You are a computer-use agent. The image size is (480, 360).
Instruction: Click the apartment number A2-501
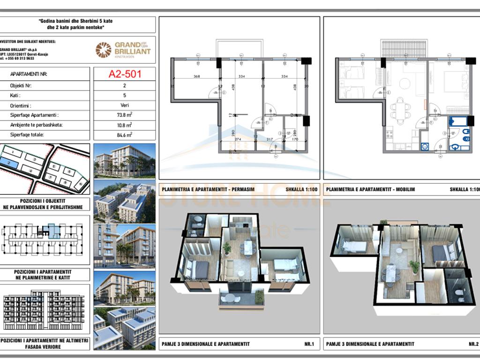tap(125, 74)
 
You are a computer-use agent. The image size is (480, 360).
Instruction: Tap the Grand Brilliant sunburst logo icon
tap(103, 50)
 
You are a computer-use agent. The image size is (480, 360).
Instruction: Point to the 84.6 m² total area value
tap(124, 135)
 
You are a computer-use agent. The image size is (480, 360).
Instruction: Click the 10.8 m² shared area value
tap(124, 125)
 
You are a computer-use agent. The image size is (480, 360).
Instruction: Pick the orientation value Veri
tap(124, 105)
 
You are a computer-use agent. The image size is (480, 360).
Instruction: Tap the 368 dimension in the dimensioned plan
tap(196, 76)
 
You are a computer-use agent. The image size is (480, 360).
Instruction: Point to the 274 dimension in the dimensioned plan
tap(237, 139)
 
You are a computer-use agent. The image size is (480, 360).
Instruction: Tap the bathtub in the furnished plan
tap(458, 122)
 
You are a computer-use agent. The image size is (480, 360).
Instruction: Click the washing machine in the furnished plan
tap(425, 146)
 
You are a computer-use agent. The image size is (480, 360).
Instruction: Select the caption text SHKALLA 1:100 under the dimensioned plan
tap(300, 190)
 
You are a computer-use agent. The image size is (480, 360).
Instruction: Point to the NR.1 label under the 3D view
tap(309, 344)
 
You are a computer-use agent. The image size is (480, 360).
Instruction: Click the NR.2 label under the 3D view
tap(472, 344)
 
